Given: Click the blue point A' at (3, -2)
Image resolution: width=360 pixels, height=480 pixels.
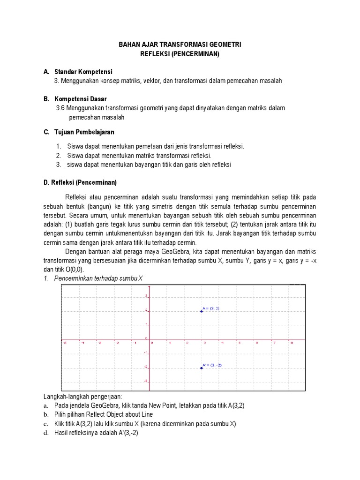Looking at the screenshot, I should pyautogui.click(x=202, y=368).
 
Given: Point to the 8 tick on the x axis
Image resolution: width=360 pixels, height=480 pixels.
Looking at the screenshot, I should pyautogui.click(x=292, y=343).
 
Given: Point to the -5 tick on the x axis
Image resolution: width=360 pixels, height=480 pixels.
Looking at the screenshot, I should pyautogui.click(x=64, y=343).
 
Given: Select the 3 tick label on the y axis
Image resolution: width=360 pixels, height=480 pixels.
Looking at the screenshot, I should pyautogui.click(x=146, y=296).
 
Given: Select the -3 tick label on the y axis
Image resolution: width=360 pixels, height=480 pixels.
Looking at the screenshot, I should pyautogui.click(x=146, y=381).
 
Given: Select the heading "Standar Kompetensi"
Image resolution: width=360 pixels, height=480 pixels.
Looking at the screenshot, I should pyautogui.click(x=83, y=72).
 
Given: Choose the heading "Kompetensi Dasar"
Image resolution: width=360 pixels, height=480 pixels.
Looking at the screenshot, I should pyautogui.click(x=80, y=99).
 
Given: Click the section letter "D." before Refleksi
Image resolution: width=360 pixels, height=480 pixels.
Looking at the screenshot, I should pyautogui.click(x=46, y=182).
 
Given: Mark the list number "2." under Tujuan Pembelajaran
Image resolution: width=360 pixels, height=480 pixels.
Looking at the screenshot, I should pyautogui.click(x=59, y=156).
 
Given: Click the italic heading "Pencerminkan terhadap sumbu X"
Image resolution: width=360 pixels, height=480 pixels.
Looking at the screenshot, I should pyautogui.click(x=98, y=278).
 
